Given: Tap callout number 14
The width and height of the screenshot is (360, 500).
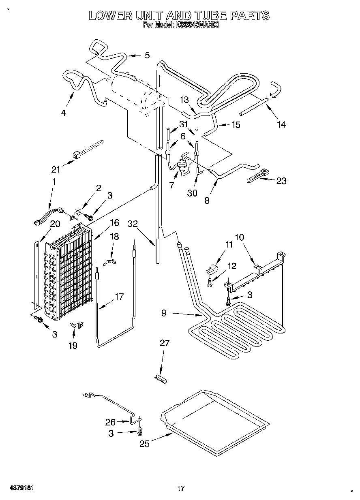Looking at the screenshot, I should click(281, 124).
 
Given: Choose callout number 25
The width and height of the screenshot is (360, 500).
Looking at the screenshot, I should click(144, 444).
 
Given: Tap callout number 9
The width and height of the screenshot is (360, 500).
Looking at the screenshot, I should click(164, 313).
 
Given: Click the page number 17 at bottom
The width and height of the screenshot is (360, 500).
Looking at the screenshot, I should click(181, 488).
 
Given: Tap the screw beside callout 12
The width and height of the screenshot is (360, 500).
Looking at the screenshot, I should click(210, 283).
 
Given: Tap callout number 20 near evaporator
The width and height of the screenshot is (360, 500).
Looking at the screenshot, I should click(55, 224).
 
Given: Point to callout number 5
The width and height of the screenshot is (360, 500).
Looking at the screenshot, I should click(147, 56).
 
